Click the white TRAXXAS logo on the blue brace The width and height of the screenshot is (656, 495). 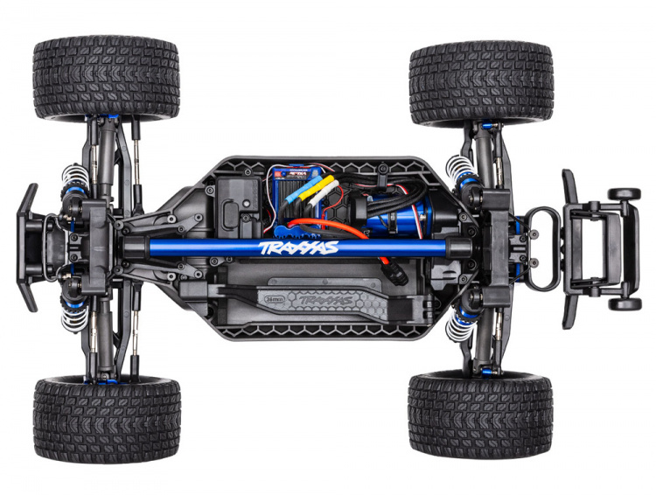(300, 248)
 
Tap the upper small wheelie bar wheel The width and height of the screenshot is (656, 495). (625, 193)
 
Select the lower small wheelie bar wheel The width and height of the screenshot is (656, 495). (625, 303)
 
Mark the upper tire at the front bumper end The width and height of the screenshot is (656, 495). (107, 77)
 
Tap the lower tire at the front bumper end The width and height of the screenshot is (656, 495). (107, 418)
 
